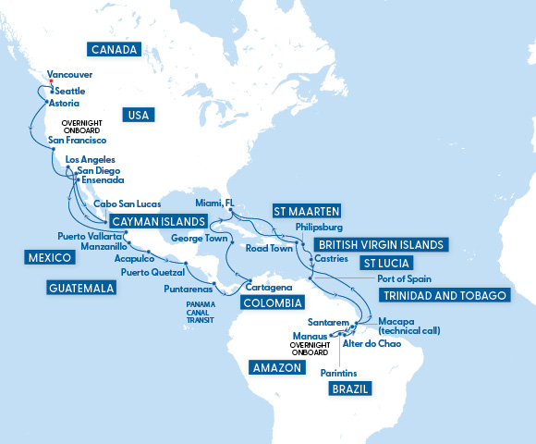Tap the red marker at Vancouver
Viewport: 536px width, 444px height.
click(x=51, y=81)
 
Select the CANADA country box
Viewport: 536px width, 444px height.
click(x=115, y=49)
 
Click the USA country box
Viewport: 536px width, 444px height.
click(x=137, y=116)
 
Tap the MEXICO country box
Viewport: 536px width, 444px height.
click(x=49, y=256)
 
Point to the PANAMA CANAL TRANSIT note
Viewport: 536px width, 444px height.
click(x=206, y=312)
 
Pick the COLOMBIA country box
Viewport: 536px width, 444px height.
click(x=272, y=302)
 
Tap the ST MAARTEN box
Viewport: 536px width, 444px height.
click(x=307, y=210)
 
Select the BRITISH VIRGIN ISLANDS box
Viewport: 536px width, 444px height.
click(x=380, y=245)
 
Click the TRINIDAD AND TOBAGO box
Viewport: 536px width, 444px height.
click(x=444, y=295)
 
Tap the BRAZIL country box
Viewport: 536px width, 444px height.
click(x=349, y=389)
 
